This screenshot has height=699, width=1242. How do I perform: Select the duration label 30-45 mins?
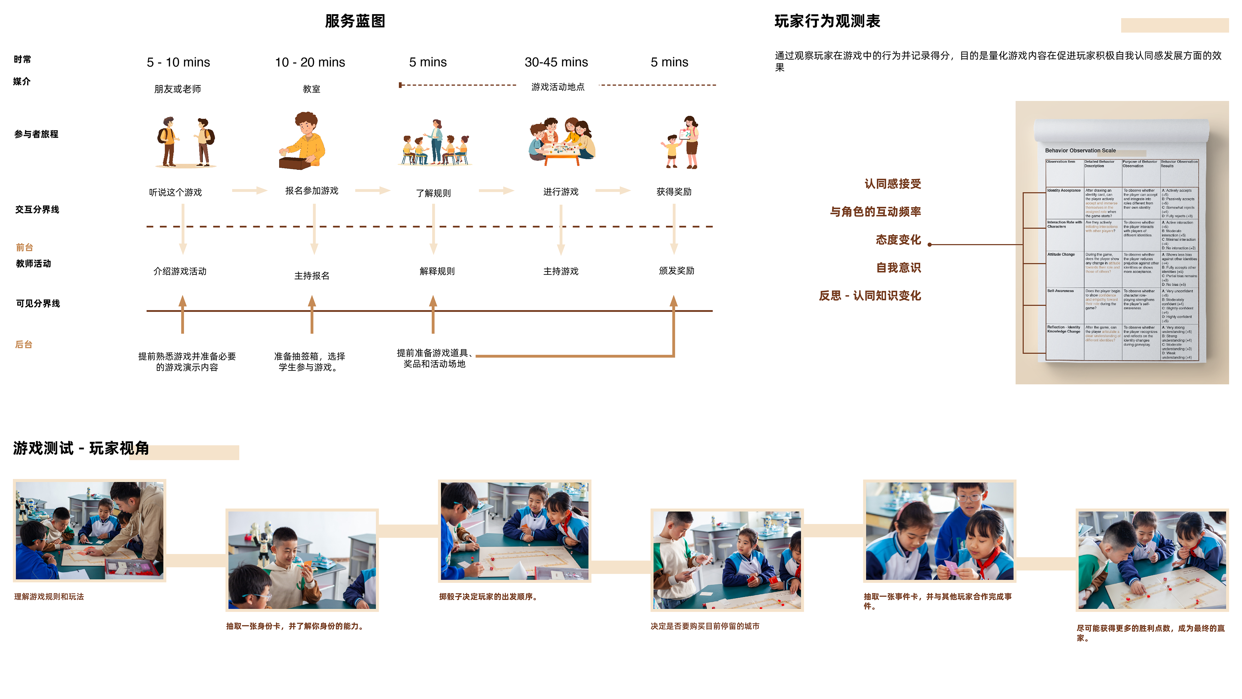556,62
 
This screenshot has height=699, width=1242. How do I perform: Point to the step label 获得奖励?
673,192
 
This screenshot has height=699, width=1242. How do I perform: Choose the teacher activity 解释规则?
437,271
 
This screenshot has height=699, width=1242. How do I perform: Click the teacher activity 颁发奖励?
676,271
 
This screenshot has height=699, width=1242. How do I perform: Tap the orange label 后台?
24,344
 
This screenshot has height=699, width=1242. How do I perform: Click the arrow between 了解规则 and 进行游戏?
496,191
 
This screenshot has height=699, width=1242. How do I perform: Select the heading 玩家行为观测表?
827,21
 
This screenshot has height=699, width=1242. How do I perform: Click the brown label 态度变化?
898,240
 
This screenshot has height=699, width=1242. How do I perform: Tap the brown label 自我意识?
898,268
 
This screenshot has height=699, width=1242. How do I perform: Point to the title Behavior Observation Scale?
1080,150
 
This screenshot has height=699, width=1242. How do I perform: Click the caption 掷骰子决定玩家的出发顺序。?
488,597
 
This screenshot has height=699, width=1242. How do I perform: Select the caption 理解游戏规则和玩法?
49,597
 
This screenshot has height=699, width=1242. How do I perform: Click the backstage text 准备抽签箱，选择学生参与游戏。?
310,362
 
